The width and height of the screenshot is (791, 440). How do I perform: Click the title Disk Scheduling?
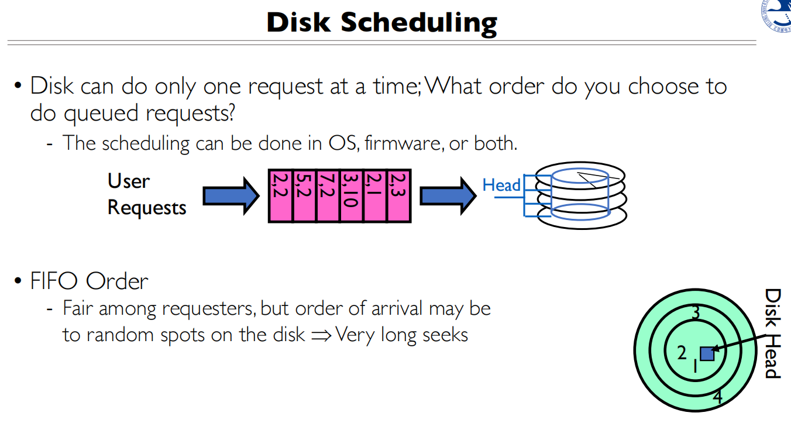(x=381, y=22)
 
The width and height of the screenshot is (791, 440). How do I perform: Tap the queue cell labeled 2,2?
(x=280, y=196)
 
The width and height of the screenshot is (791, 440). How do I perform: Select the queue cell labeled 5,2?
(x=304, y=196)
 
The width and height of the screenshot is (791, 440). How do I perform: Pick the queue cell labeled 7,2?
(x=328, y=196)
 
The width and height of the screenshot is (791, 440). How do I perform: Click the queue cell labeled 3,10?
(x=352, y=196)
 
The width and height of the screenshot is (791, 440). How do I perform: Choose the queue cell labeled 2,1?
(x=375, y=196)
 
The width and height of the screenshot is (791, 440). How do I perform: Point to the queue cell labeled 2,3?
(x=399, y=196)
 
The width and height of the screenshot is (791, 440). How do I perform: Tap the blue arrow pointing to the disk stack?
(x=448, y=195)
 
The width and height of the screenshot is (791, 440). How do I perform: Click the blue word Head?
(x=501, y=185)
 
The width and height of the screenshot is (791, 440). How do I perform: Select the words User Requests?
(x=146, y=194)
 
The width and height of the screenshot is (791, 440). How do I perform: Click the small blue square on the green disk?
(x=707, y=353)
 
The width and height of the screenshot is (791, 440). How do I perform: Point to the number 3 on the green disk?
(x=696, y=313)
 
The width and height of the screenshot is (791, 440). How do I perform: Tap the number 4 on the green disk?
(x=717, y=397)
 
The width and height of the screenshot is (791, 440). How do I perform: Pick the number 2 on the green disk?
(x=682, y=353)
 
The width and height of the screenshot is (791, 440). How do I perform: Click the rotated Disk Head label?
(x=772, y=334)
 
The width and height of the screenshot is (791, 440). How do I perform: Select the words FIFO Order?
(x=89, y=281)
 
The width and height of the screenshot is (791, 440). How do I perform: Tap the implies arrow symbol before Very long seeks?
(x=321, y=335)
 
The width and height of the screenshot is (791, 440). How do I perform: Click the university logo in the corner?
(x=776, y=15)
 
